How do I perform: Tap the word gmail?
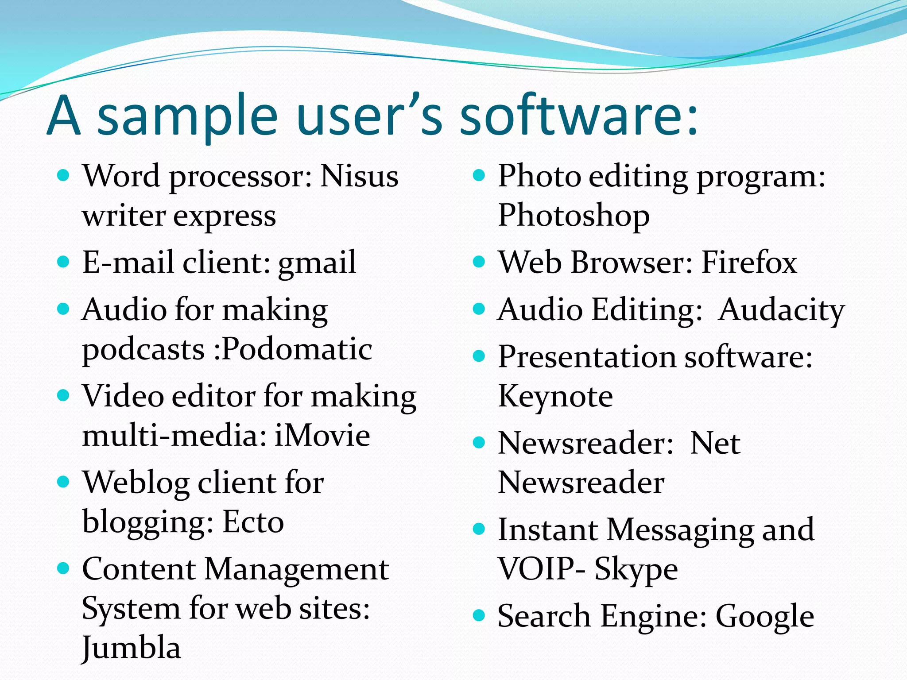click(317, 263)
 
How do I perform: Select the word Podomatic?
click(297, 349)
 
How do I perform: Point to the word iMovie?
click(322, 436)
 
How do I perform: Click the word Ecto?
click(253, 522)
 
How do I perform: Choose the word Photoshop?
click(574, 216)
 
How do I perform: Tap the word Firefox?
click(749, 263)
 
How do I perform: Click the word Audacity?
click(782, 310)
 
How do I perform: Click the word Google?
click(765, 617)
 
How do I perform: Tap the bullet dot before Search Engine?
click(479, 616)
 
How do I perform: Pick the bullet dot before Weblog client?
click(64, 482)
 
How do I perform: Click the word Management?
click(297, 570)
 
